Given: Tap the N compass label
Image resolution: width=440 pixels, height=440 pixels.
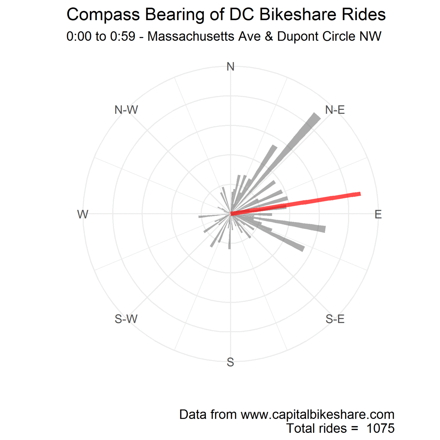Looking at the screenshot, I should pos(231,67).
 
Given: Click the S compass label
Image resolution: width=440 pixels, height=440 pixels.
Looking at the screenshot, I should pos(231,362).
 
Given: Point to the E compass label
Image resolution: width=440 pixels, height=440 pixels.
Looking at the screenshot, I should pos(378,214).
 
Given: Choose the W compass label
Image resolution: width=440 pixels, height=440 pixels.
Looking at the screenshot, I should pos(83,214).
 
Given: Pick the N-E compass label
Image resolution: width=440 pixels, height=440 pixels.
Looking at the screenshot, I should pos(335,110).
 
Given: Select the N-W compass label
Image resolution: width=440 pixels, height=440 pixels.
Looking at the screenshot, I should pos(126,110).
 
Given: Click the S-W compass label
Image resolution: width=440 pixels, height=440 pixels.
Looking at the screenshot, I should pos(126,319).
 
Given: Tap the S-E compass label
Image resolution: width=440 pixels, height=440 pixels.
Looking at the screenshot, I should pos(335,319).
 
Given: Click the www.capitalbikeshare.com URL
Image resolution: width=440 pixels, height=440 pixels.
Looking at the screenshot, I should pos(317,415).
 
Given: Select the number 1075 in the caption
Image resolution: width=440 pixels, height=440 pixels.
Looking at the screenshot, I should pos(380,428).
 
